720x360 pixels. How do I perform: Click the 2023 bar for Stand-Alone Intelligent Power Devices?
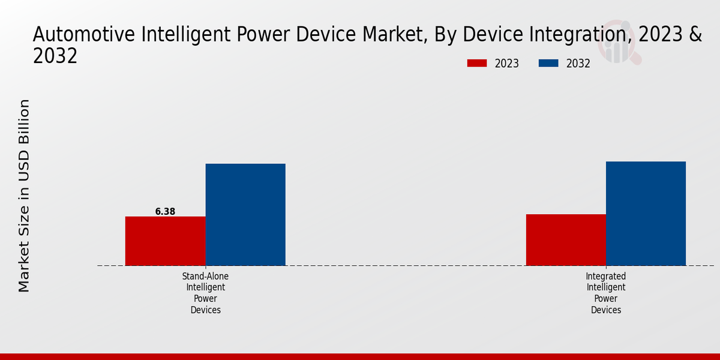(x=165, y=241)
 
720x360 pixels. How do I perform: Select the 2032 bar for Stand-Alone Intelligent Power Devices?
(x=245, y=214)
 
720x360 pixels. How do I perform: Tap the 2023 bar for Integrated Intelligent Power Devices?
(x=566, y=239)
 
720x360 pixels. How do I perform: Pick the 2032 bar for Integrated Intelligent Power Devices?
(x=646, y=213)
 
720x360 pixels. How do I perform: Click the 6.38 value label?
(x=165, y=211)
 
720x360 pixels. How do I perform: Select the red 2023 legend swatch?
(x=477, y=63)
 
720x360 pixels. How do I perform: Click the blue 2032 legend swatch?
(x=548, y=63)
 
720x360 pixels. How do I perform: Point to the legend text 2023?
(x=507, y=64)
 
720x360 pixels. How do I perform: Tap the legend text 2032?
(x=578, y=64)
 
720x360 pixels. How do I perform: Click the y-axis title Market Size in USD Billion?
(x=24, y=196)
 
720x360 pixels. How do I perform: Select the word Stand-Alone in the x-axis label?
(x=206, y=277)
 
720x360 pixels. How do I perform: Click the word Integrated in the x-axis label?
(x=606, y=277)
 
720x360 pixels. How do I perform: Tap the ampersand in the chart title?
(x=695, y=35)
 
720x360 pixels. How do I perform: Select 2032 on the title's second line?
(x=55, y=56)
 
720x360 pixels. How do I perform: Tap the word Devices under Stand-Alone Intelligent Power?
(x=206, y=310)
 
